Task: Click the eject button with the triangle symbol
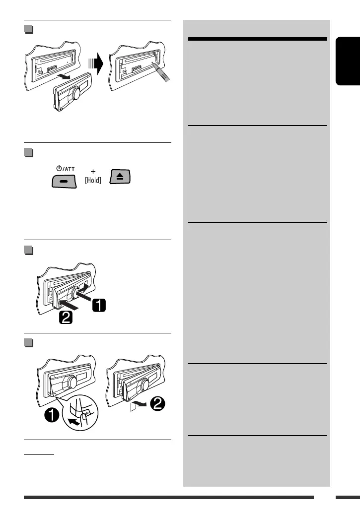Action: coord(120,176)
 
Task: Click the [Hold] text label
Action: coord(93,181)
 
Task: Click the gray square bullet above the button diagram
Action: coord(29,153)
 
